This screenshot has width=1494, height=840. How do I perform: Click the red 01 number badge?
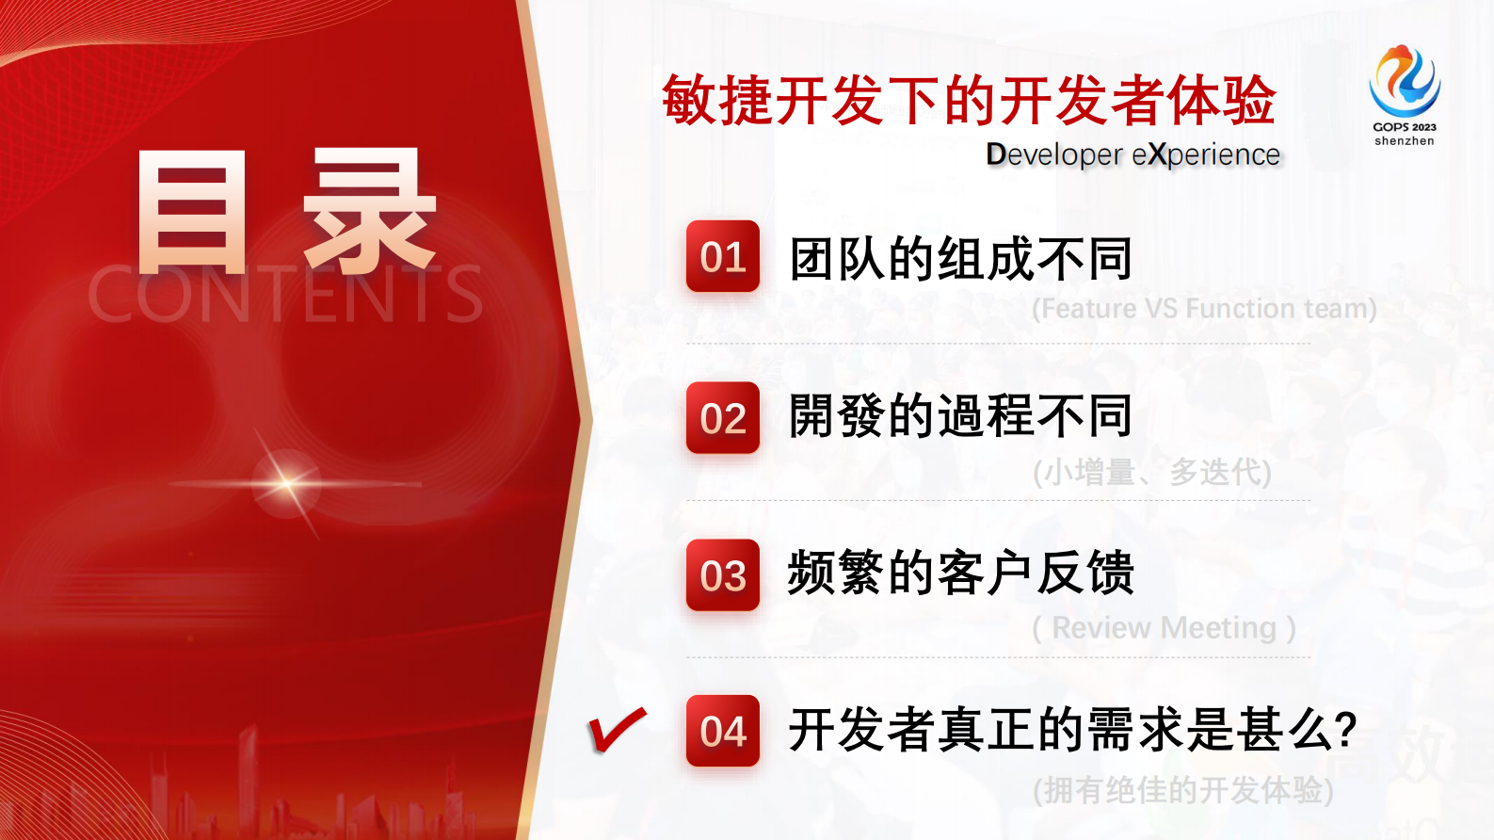click(x=723, y=256)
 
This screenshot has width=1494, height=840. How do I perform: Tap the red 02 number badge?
click(x=723, y=418)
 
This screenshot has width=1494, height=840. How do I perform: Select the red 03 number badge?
click(x=723, y=575)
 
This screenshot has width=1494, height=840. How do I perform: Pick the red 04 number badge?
click(x=723, y=731)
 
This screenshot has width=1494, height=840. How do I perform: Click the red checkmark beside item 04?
click(x=617, y=730)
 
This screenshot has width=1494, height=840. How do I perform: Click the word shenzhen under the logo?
click(x=1404, y=141)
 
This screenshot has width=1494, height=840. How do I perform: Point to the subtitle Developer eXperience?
click(x=1133, y=154)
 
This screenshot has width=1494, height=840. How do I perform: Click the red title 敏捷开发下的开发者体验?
click(x=969, y=100)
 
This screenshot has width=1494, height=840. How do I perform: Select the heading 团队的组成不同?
click(x=960, y=259)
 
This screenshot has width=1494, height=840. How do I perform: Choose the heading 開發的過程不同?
click(x=960, y=416)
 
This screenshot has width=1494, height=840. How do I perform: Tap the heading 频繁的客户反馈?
click(x=960, y=573)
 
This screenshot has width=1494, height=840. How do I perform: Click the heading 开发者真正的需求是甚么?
click(x=1072, y=730)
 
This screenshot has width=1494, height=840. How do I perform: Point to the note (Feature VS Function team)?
click(x=1204, y=309)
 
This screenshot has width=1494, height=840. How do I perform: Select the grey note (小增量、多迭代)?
click(x=1151, y=472)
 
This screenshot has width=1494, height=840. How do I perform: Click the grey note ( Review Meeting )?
click(x=1164, y=628)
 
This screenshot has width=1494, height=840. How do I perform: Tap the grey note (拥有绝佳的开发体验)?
click(x=1182, y=790)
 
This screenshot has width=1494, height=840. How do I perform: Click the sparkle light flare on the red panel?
click(x=287, y=484)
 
